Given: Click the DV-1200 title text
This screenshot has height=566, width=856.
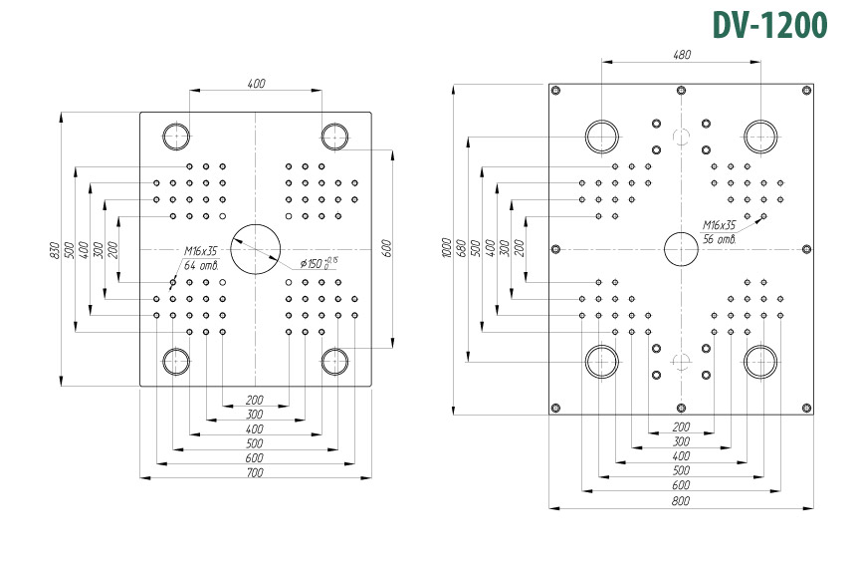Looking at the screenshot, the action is tap(770, 25).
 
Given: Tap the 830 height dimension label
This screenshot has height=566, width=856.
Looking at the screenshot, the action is tap(54, 250).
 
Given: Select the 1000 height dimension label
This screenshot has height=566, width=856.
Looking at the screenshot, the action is tap(447, 248).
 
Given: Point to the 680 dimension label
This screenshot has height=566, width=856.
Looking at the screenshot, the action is tap(462, 248).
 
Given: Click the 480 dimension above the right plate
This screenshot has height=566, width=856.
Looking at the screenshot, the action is tap(681, 55).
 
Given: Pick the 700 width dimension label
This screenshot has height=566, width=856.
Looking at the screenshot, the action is tap(255, 472).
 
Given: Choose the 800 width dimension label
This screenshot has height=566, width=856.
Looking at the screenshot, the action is tap(681, 501).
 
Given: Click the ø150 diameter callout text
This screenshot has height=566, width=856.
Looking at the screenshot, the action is tap(319, 263).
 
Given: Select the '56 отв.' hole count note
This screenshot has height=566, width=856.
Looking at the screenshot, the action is tap(720, 239).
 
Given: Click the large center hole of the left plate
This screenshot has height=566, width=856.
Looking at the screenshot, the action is tap(256, 249).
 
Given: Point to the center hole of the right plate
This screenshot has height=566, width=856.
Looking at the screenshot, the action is tap(681, 249).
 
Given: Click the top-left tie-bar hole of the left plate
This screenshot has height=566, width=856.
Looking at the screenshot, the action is tap(176, 137).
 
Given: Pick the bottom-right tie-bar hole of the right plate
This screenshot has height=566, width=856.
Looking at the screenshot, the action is tap(760, 361).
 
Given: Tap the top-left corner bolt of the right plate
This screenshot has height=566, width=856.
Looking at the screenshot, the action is tap(555, 90).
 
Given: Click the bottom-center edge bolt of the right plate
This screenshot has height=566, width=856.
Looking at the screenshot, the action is tap(681, 409).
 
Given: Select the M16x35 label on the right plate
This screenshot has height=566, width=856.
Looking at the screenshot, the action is tap(719, 225).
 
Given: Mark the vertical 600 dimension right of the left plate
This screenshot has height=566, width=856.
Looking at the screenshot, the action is tap(386, 248).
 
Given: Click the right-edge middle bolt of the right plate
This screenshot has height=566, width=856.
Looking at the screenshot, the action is tap(807, 249).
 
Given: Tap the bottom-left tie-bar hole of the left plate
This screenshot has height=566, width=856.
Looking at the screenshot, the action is tap(176, 361).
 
